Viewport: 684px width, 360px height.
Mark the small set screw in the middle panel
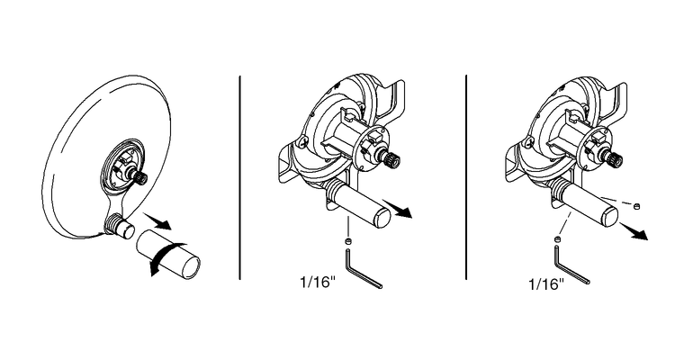point(348,241)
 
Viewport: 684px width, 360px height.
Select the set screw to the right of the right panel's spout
point(637,206)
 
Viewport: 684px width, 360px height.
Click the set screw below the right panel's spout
point(558,238)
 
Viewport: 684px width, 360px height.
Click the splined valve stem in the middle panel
point(392,163)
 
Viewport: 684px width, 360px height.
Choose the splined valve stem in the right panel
point(616,160)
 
